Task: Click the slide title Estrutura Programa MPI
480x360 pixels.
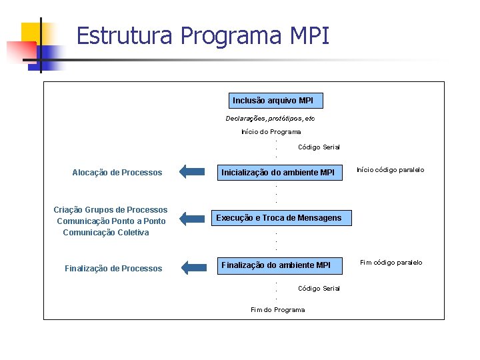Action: click(x=203, y=35)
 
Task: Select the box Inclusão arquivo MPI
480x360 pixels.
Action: click(x=276, y=101)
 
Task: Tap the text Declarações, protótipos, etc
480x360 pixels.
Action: click(x=270, y=119)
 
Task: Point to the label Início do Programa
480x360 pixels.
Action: click(x=271, y=132)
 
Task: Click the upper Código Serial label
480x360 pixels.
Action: click(x=319, y=147)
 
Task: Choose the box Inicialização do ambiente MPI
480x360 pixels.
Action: click(x=278, y=173)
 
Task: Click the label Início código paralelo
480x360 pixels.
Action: click(x=390, y=170)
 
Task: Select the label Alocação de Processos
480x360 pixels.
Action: click(x=117, y=173)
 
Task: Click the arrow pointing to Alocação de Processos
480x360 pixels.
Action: click(x=193, y=172)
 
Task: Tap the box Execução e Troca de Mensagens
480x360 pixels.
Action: click(x=279, y=218)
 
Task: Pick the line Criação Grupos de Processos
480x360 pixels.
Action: click(x=111, y=210)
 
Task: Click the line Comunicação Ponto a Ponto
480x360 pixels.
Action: click(x=111, y=221)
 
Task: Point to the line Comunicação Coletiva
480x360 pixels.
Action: click(x=106, y=233)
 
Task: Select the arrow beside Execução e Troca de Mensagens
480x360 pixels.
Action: click(x=193, y=218)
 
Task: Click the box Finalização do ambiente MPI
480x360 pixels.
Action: click(x=275, y=265)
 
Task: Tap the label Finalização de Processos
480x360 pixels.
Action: click(x=113, y=269)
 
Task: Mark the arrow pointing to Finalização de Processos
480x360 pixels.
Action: click(x=194, y=268)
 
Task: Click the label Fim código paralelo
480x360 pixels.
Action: click(x=391, y=263)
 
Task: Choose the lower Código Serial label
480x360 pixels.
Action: click(x=319, y=289)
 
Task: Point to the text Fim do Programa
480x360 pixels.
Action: click(x=277, y=310)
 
